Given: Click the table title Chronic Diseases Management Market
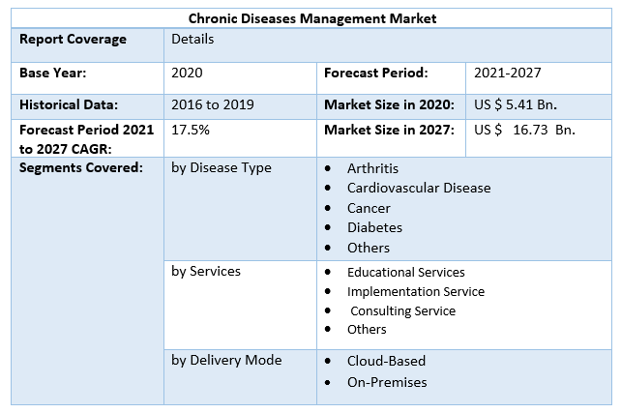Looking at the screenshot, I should pos(311,17).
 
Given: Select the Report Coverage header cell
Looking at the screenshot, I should pos(73,40).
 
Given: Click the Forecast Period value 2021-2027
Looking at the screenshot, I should pos(507,73).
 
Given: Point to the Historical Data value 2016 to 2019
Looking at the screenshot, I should pos(215,103).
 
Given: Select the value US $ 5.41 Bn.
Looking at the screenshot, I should pos(515,103).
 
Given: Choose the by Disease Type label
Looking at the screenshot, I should pos(222,167).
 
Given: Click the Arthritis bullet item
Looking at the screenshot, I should pos(372,168).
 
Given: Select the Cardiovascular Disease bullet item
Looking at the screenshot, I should pos(419,188).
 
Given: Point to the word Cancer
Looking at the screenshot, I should pos(369,208).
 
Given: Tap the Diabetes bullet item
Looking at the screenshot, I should pos(374,227).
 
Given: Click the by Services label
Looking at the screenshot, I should pos(206,271).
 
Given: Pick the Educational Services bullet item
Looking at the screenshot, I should pos(405,272).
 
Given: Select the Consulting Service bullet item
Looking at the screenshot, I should pos(402,310).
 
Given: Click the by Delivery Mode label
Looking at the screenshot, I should pos(226,360).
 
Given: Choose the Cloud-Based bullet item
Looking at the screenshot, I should pos(386,361).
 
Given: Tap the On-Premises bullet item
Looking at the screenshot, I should pos(387,382).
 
